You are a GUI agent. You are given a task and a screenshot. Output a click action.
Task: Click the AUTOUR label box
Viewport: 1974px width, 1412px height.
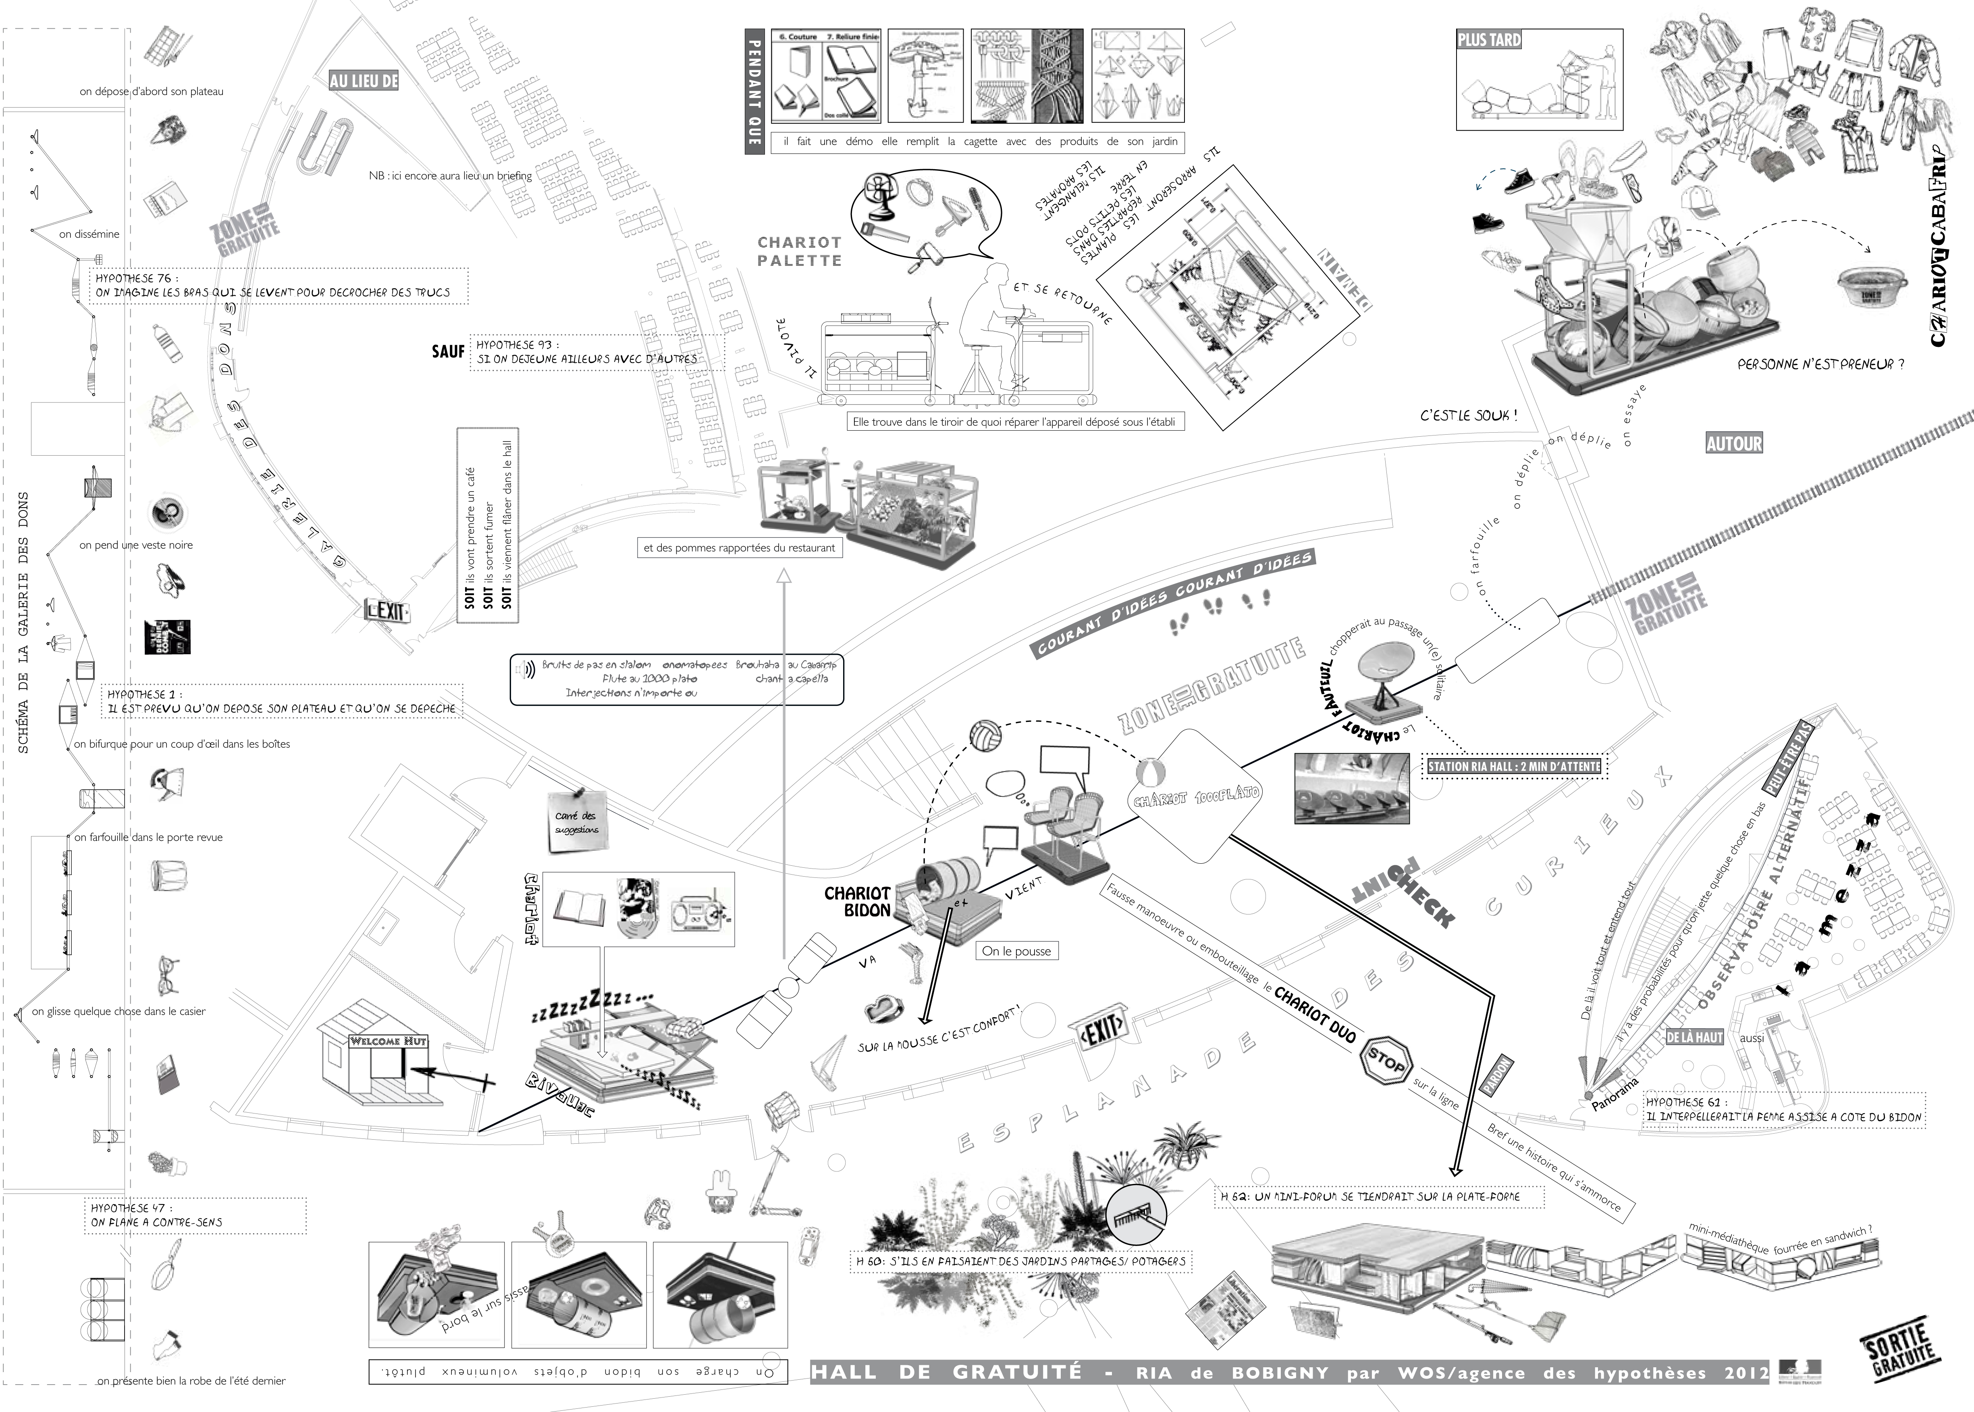[1733, 444]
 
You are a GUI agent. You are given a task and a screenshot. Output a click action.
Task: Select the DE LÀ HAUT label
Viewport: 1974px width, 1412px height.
[1694, 1037]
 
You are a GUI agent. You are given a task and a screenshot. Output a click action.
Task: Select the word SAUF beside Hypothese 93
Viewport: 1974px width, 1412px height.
[448, 351]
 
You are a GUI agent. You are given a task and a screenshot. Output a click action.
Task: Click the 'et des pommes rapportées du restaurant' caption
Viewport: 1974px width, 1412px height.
[739, 548]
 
